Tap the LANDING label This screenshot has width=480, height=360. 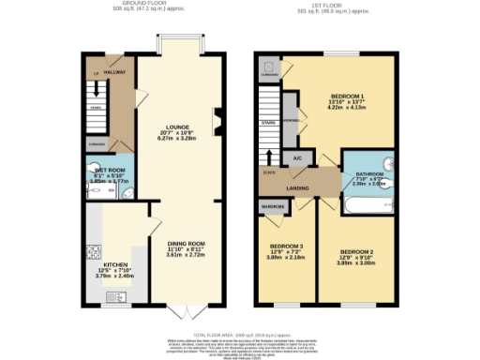298,187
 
